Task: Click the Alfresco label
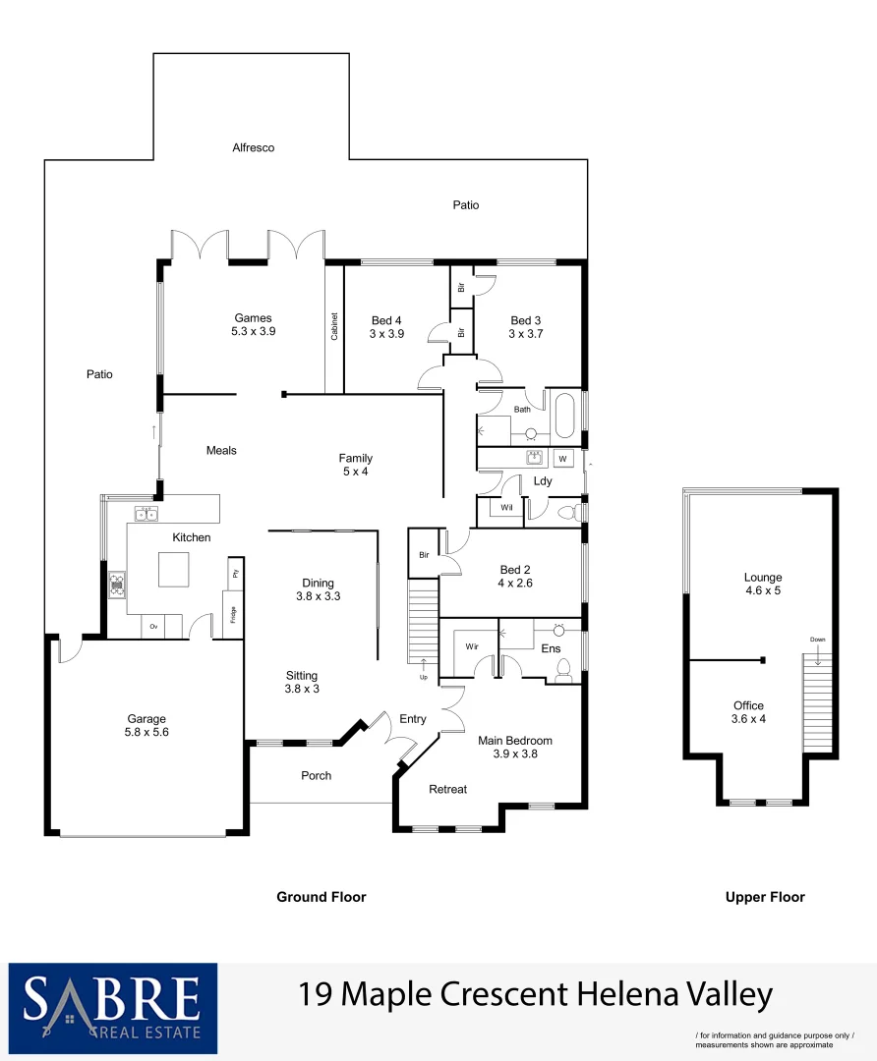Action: coord(253,147)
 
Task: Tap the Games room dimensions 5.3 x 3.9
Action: coord(253,332)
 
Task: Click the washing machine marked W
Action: coord(562,459)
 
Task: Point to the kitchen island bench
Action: coord(173,569)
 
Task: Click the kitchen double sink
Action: coord(146,514)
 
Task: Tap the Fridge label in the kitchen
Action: coord(233,615)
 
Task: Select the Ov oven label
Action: coord(153,626)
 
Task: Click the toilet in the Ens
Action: coord(564,669)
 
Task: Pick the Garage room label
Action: coord(146,718)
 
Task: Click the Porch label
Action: coord(316,775)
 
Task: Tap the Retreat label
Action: coord(447,789)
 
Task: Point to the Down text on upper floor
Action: coord(817,640)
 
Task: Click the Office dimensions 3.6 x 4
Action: coord(748,720)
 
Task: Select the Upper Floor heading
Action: coord(765,897)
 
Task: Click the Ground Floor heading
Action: coord(321,897)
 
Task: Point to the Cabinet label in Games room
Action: coord(334,327)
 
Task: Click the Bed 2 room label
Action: coord(516,570)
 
